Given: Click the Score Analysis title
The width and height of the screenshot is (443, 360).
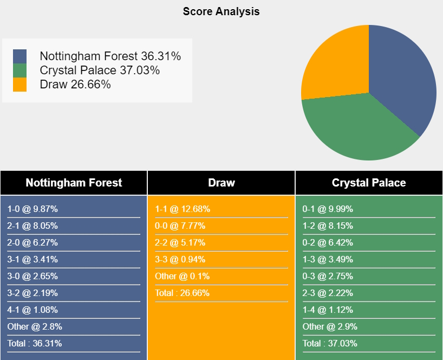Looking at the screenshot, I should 221,11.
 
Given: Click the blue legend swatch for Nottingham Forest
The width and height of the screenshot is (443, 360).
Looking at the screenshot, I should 20,56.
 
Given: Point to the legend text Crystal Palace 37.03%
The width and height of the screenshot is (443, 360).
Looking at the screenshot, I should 100,70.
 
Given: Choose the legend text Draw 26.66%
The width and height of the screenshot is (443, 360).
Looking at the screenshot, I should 75,84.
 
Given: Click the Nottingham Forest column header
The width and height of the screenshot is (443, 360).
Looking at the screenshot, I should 74,183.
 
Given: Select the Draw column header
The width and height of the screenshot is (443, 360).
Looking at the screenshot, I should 221,183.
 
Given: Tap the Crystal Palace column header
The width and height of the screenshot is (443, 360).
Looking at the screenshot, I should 369,183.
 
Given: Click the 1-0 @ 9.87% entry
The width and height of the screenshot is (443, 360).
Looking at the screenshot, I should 32,209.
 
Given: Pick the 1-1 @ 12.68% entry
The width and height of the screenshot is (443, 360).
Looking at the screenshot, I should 183,209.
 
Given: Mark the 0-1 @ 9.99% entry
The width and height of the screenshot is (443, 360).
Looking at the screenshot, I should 328,209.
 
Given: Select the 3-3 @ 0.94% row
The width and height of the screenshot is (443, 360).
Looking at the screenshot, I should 180,260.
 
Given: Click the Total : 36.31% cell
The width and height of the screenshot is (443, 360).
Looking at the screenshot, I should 35,343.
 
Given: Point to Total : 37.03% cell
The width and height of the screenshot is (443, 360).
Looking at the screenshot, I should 330,343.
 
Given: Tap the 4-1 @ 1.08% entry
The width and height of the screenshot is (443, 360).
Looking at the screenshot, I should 32,310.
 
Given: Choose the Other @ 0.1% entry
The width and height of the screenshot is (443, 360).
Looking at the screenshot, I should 182,277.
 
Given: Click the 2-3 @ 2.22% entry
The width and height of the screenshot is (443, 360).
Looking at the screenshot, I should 328,293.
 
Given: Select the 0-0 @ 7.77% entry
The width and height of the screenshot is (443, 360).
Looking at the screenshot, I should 180,226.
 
